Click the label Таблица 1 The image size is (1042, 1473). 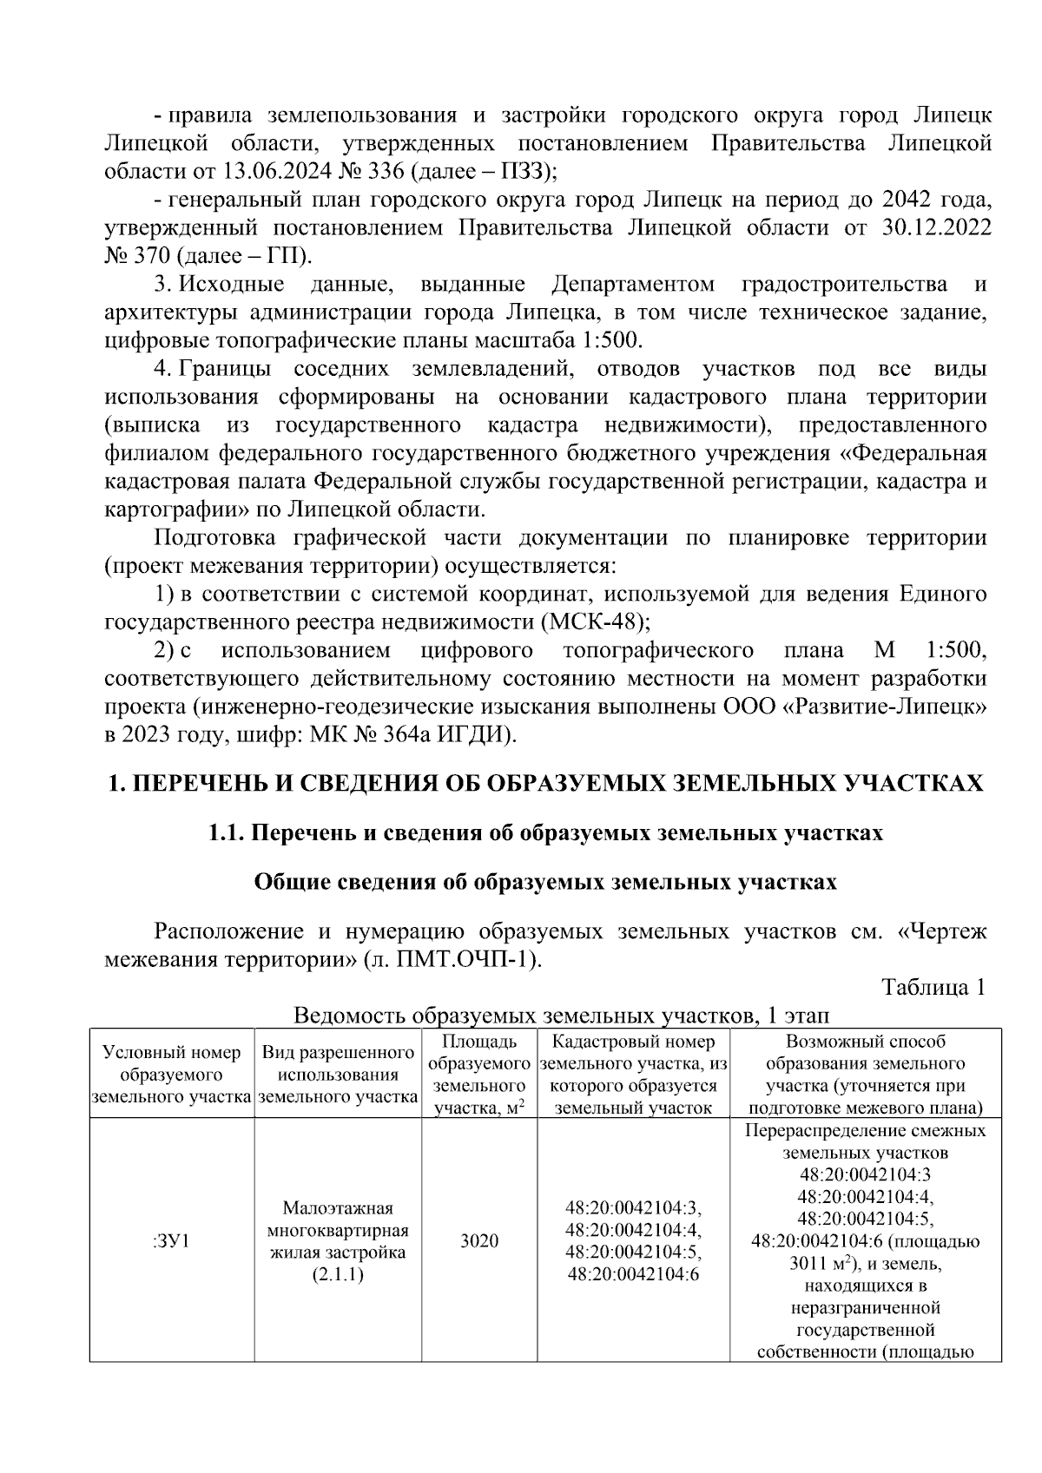(x=933, y=988)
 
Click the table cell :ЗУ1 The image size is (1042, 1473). (x=171, y=1240)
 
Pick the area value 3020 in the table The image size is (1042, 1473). (x=478, y=1240)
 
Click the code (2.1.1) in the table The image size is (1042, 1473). (x=338, y=1274)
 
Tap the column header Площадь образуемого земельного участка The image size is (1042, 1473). (x=478, y=1075)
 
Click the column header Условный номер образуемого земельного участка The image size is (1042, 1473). (x=171, y=1075)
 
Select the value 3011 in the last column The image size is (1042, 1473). (x=800, y=1264)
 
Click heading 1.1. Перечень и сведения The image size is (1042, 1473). (x=545, y=833)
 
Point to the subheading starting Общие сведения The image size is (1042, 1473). (x=545, y=883)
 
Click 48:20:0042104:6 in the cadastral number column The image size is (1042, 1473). (x=633, y=1274)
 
